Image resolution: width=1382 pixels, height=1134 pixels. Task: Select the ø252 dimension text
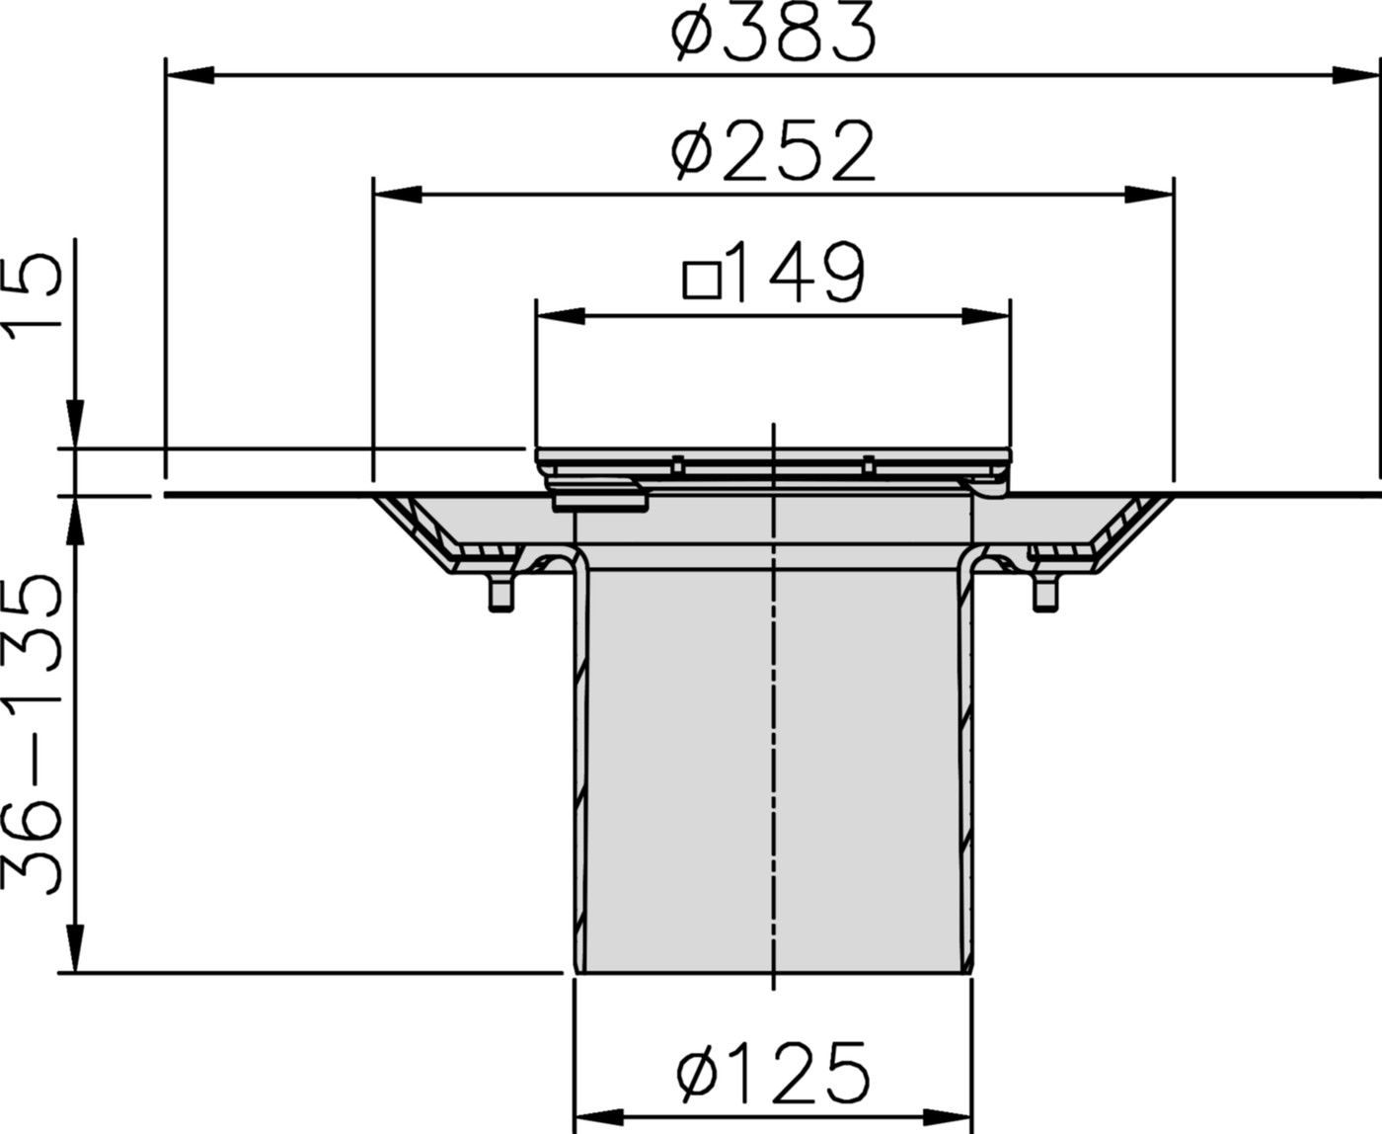click(x=772, y=152)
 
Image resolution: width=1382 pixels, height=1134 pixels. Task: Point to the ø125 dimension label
click(x=774, y=1072)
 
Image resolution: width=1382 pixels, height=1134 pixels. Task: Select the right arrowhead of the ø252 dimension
click(x=1151, y=195)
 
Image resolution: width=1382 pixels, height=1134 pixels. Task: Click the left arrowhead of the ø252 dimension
click(x=397, y=195)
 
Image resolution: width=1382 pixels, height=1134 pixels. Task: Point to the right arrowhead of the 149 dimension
click(x=987, y=316)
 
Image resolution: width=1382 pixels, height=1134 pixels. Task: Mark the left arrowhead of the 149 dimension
click(x=559, y=316)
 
